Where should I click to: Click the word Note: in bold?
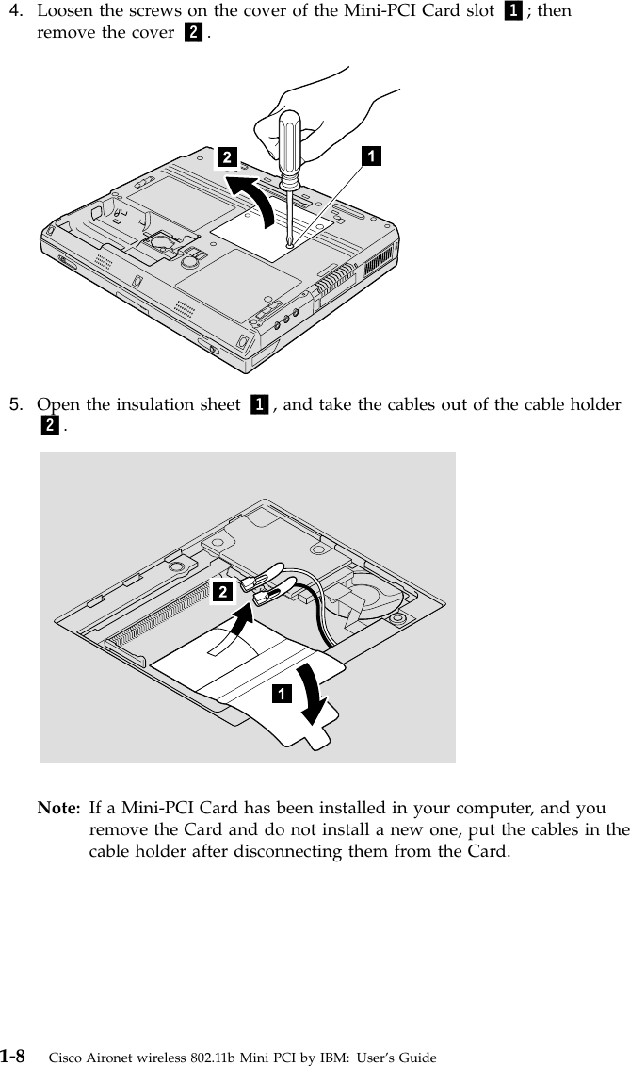57,809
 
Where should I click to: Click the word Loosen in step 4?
65,13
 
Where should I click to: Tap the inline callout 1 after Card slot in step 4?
513,13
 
